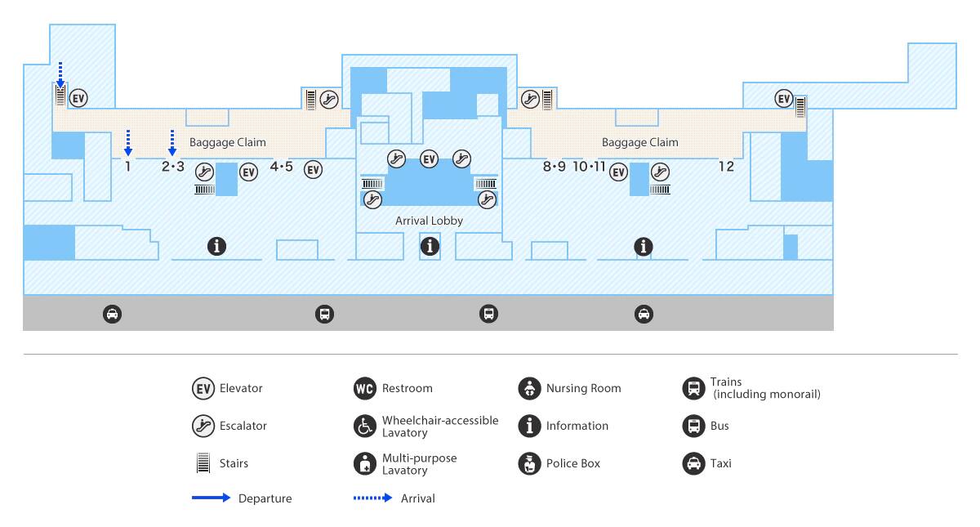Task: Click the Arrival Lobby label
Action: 429,221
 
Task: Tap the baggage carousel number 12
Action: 726,167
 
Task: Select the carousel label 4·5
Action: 281,167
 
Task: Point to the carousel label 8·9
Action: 554,167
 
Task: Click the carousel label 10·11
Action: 589,167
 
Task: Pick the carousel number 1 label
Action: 127,167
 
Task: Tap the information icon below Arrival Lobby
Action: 430,246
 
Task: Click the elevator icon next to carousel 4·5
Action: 314,169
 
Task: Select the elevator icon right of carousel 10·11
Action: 619,172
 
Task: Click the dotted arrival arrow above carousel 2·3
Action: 172,143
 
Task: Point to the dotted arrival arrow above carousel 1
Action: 127,143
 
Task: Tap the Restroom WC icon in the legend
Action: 365,388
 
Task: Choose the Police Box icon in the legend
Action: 529,463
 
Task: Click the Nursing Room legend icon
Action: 529,388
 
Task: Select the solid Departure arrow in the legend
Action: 211,498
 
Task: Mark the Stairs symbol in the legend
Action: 203,463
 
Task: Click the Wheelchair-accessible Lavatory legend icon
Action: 365,426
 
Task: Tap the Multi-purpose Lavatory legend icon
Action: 365,463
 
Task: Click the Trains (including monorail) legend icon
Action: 693,388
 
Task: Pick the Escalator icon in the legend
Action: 203,426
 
